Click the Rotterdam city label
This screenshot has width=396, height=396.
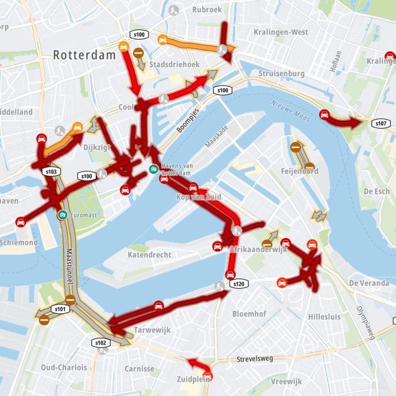pos(84,54)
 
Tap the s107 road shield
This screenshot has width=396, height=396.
pos(381,123)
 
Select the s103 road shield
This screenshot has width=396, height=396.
pos(51,172)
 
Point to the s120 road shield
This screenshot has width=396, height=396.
pos(238,284)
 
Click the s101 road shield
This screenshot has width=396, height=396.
pos(60,309)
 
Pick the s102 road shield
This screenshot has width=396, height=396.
pos(99,342)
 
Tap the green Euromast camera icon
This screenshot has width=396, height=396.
pos(62,214)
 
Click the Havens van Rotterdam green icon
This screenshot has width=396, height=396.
pos(154,169)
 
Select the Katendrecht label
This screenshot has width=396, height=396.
pos(149,255)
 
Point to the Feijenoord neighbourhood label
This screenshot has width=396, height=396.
pos(299,171)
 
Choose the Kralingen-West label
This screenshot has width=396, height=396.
pos(281,32)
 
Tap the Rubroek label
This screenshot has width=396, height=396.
pos(207,9)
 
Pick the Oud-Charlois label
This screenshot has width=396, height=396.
pos(64,367)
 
